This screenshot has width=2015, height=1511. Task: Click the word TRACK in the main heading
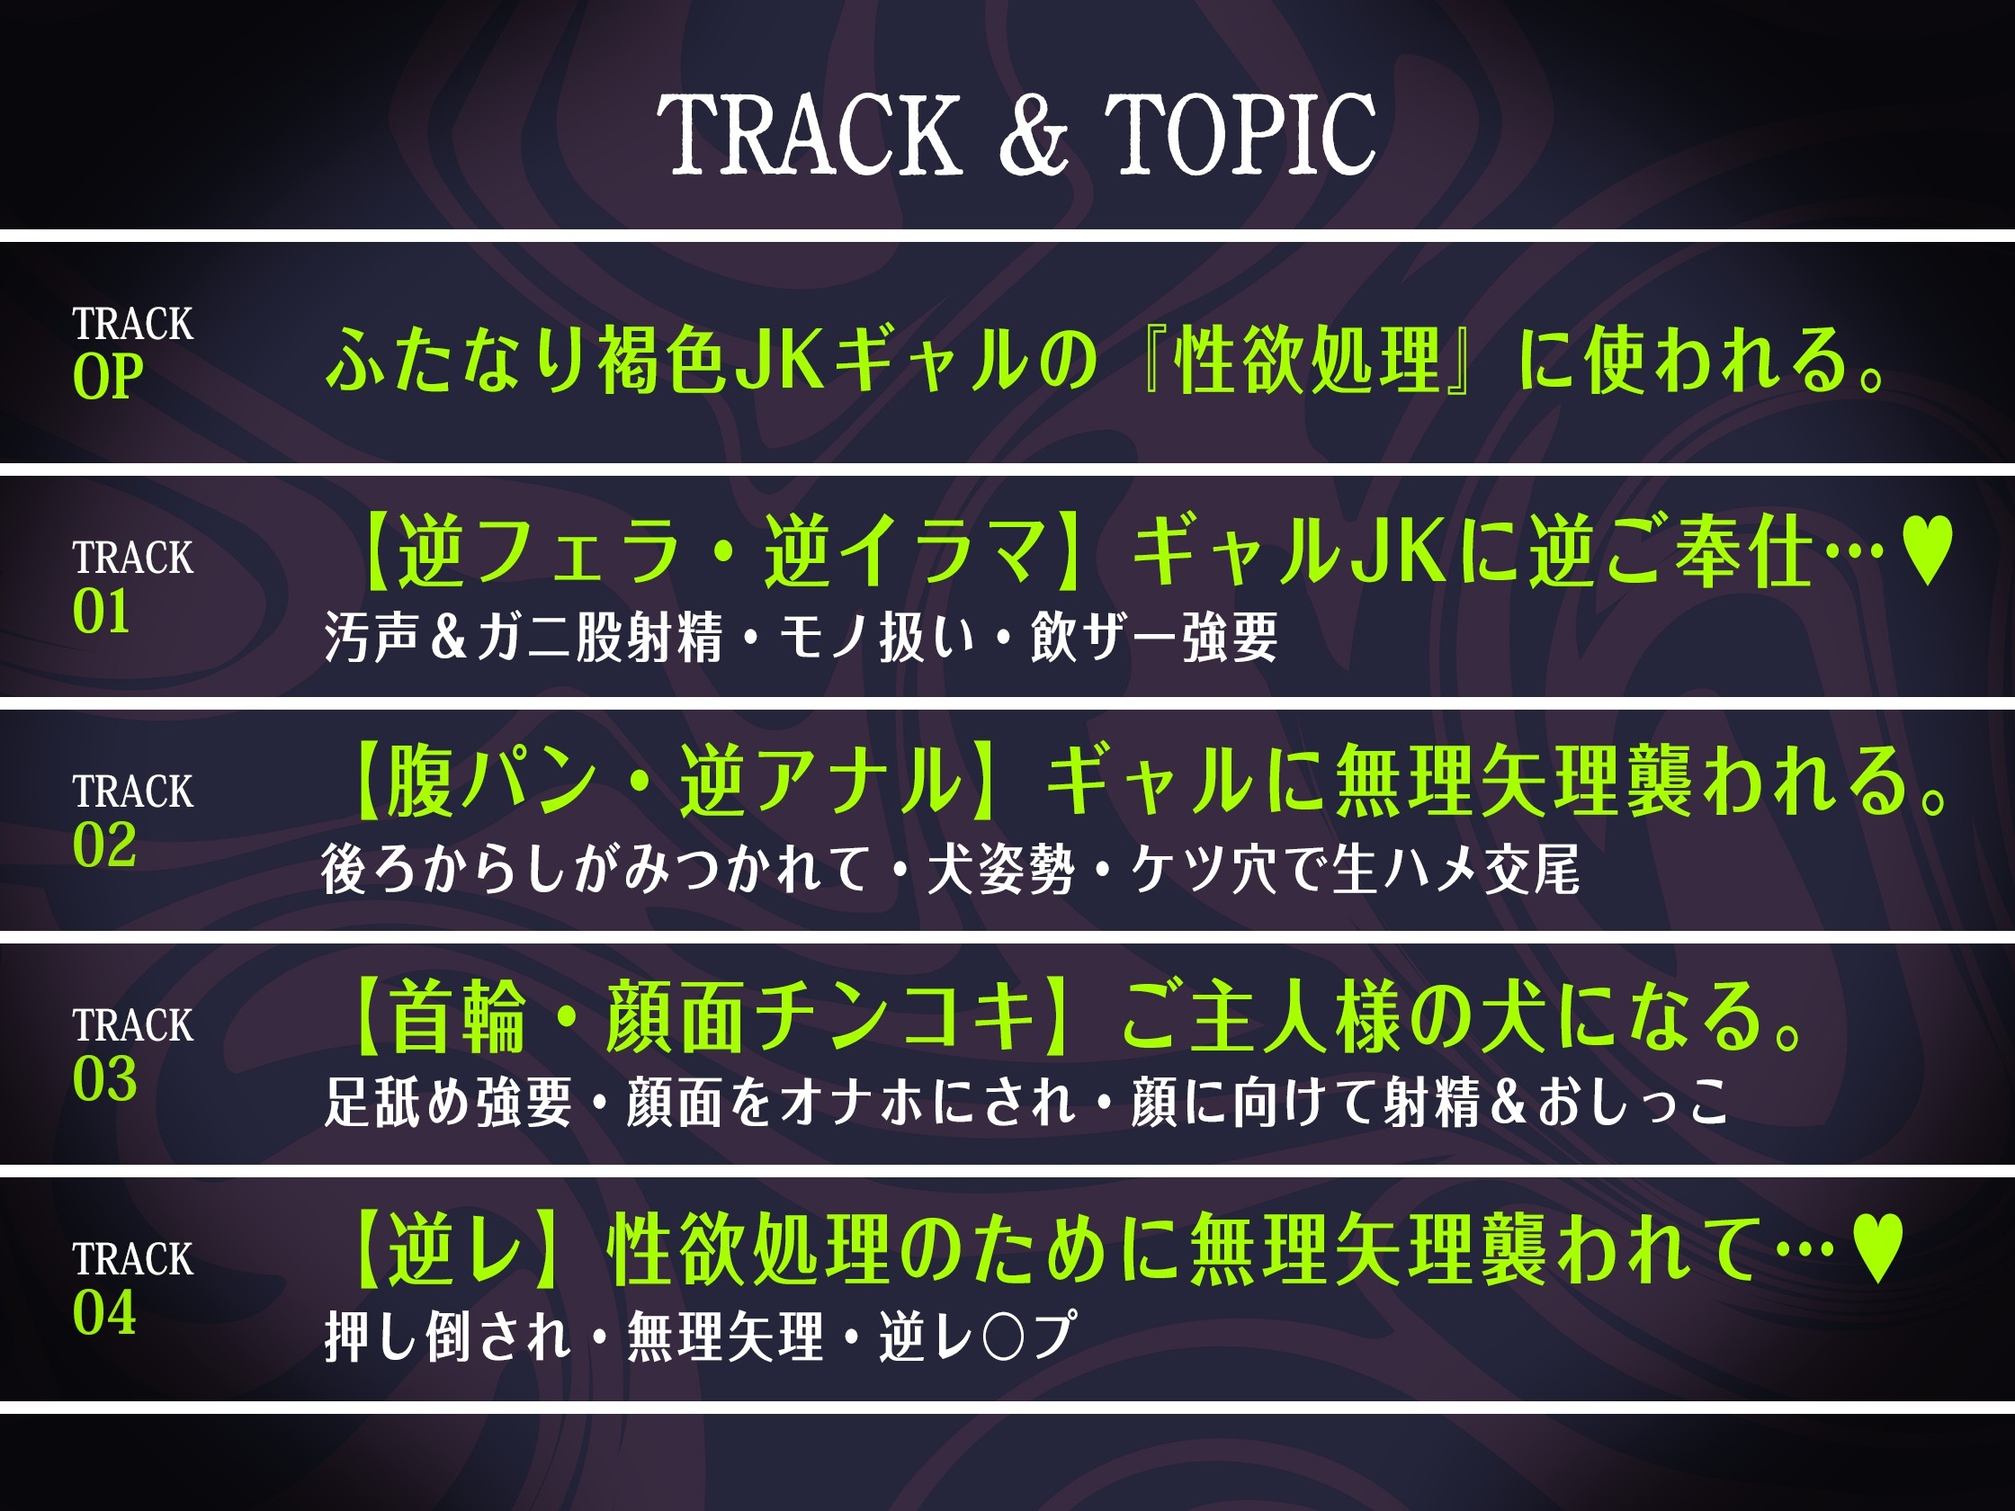[810, 134]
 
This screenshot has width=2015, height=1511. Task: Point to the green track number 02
[103, 845]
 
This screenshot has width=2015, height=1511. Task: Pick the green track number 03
[103, 1079]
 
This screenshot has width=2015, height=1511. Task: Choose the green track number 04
[103, 1313]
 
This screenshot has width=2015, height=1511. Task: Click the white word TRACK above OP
[133, 323]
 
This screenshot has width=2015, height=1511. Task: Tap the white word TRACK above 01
[133, 558]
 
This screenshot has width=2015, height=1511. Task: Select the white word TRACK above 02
[133, 791]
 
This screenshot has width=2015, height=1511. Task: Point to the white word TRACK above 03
[133, 1025]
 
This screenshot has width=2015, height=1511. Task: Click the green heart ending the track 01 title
[1928, 551]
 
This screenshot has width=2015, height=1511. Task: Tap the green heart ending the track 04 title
[1877, 1250]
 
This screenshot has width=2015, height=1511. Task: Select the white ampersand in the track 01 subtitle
[448, 637]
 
